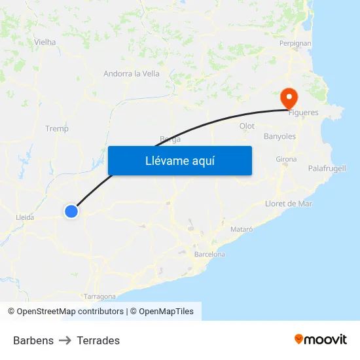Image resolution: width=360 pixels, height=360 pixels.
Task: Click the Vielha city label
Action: click(45, 42)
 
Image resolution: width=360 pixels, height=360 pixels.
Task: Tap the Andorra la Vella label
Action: click(132, 74)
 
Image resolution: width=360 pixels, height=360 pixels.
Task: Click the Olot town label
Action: click(247, 126)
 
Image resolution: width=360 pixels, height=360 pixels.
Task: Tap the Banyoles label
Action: click(279, 137)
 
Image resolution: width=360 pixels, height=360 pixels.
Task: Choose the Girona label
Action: click(286, 159)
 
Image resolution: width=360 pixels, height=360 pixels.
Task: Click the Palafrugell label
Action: click(327, 169)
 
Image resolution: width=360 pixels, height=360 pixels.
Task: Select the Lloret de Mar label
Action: click(289, 204)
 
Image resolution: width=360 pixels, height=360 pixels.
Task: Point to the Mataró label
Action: click(242, 229)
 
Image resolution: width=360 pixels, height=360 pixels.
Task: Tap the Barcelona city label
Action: click(209, 254)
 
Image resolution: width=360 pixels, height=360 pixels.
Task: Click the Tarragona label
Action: click(99, 297)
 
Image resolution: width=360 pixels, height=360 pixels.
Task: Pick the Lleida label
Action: click(25, 217)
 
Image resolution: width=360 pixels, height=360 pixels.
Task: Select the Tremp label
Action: click(57, 129)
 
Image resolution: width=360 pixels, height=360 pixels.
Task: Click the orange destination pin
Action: click(289, 99)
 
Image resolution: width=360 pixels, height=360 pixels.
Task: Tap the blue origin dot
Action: click(71, 211)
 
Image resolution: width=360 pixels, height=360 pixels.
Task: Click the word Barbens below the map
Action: click(33, 340)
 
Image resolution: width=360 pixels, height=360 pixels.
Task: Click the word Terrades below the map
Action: click(98, 340)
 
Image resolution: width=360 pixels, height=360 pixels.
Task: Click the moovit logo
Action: click(321, 339)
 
